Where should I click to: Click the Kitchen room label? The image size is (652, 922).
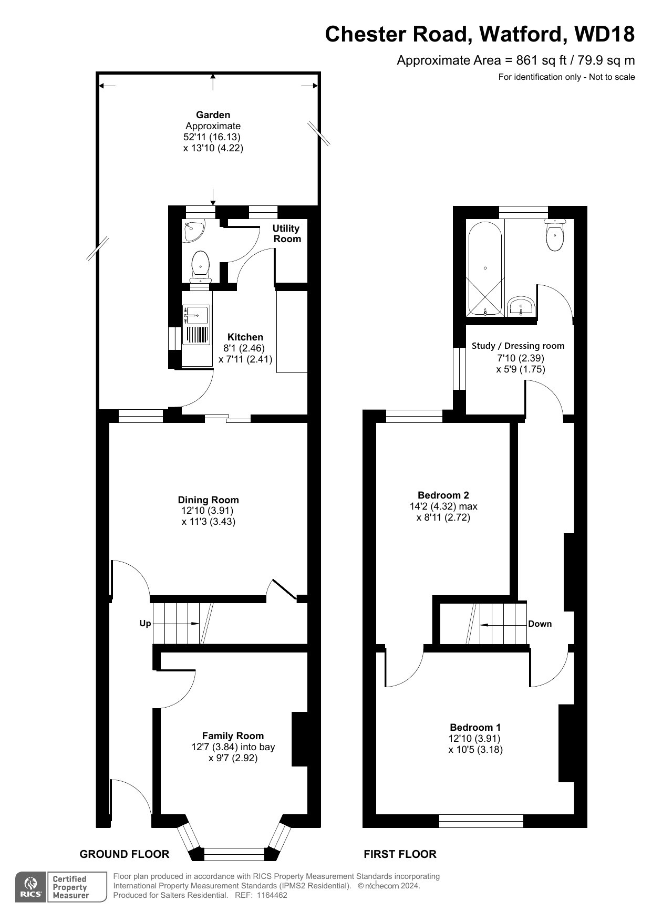click(245, 337)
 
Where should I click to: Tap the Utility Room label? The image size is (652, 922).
click(286, 234)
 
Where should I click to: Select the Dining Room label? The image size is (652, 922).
click(208, 500)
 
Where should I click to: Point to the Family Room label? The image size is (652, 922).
click(233, 736)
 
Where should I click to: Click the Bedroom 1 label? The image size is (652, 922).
click(475, 728)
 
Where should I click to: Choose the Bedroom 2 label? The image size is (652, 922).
click(443, 495)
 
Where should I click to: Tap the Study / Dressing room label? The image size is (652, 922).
click(518, 346)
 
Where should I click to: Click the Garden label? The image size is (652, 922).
click(213, 115)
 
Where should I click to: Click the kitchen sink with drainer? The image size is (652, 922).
click(196, 325)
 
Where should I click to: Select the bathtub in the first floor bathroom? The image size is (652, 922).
click(485, 268)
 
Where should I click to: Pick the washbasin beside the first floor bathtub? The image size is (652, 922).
click(521, 307)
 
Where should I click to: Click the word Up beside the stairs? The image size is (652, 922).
click(145, 624)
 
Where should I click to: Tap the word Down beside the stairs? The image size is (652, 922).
click(540, 624)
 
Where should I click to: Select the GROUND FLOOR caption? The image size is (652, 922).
click(125, 854)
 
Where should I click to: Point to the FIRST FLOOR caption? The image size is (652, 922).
click(400, 854)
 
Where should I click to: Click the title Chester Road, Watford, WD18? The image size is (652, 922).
click(480, 34)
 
